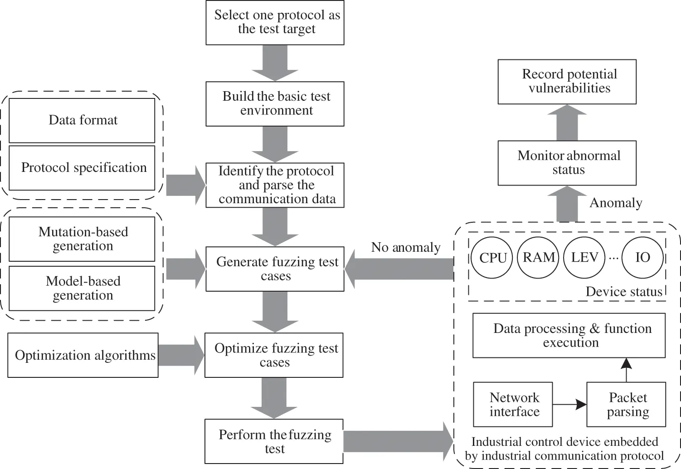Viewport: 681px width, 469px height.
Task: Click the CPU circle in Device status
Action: click(492, 258)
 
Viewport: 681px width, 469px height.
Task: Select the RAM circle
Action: click(539, 258)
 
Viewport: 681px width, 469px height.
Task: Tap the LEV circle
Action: click(584, 258)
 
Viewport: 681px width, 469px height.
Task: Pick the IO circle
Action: click(642, 258)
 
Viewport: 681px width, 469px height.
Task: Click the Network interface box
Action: click(513, 405)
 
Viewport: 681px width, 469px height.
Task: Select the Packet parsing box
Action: click(626, 405)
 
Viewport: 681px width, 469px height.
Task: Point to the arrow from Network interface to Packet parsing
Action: click(569, 404)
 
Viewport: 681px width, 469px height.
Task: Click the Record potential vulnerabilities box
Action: click(567, 82)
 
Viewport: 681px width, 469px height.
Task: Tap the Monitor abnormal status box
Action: click(567, 163)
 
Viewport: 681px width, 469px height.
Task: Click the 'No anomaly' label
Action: click(405, 247)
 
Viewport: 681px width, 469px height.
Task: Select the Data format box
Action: click(82, 120)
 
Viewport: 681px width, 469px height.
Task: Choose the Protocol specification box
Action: click(82, 168)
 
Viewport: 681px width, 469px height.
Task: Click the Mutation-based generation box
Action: click(82, 239)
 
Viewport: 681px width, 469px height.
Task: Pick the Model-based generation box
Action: click(82, 288)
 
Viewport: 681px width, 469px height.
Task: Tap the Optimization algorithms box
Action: click(83, 355)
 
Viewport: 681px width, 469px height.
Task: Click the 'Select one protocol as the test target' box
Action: click(275, 22)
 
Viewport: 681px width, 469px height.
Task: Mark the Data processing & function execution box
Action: click(569, 335)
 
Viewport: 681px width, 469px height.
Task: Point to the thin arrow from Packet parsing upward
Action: click(626, 370)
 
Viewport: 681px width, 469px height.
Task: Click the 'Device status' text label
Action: click(624, 292)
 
